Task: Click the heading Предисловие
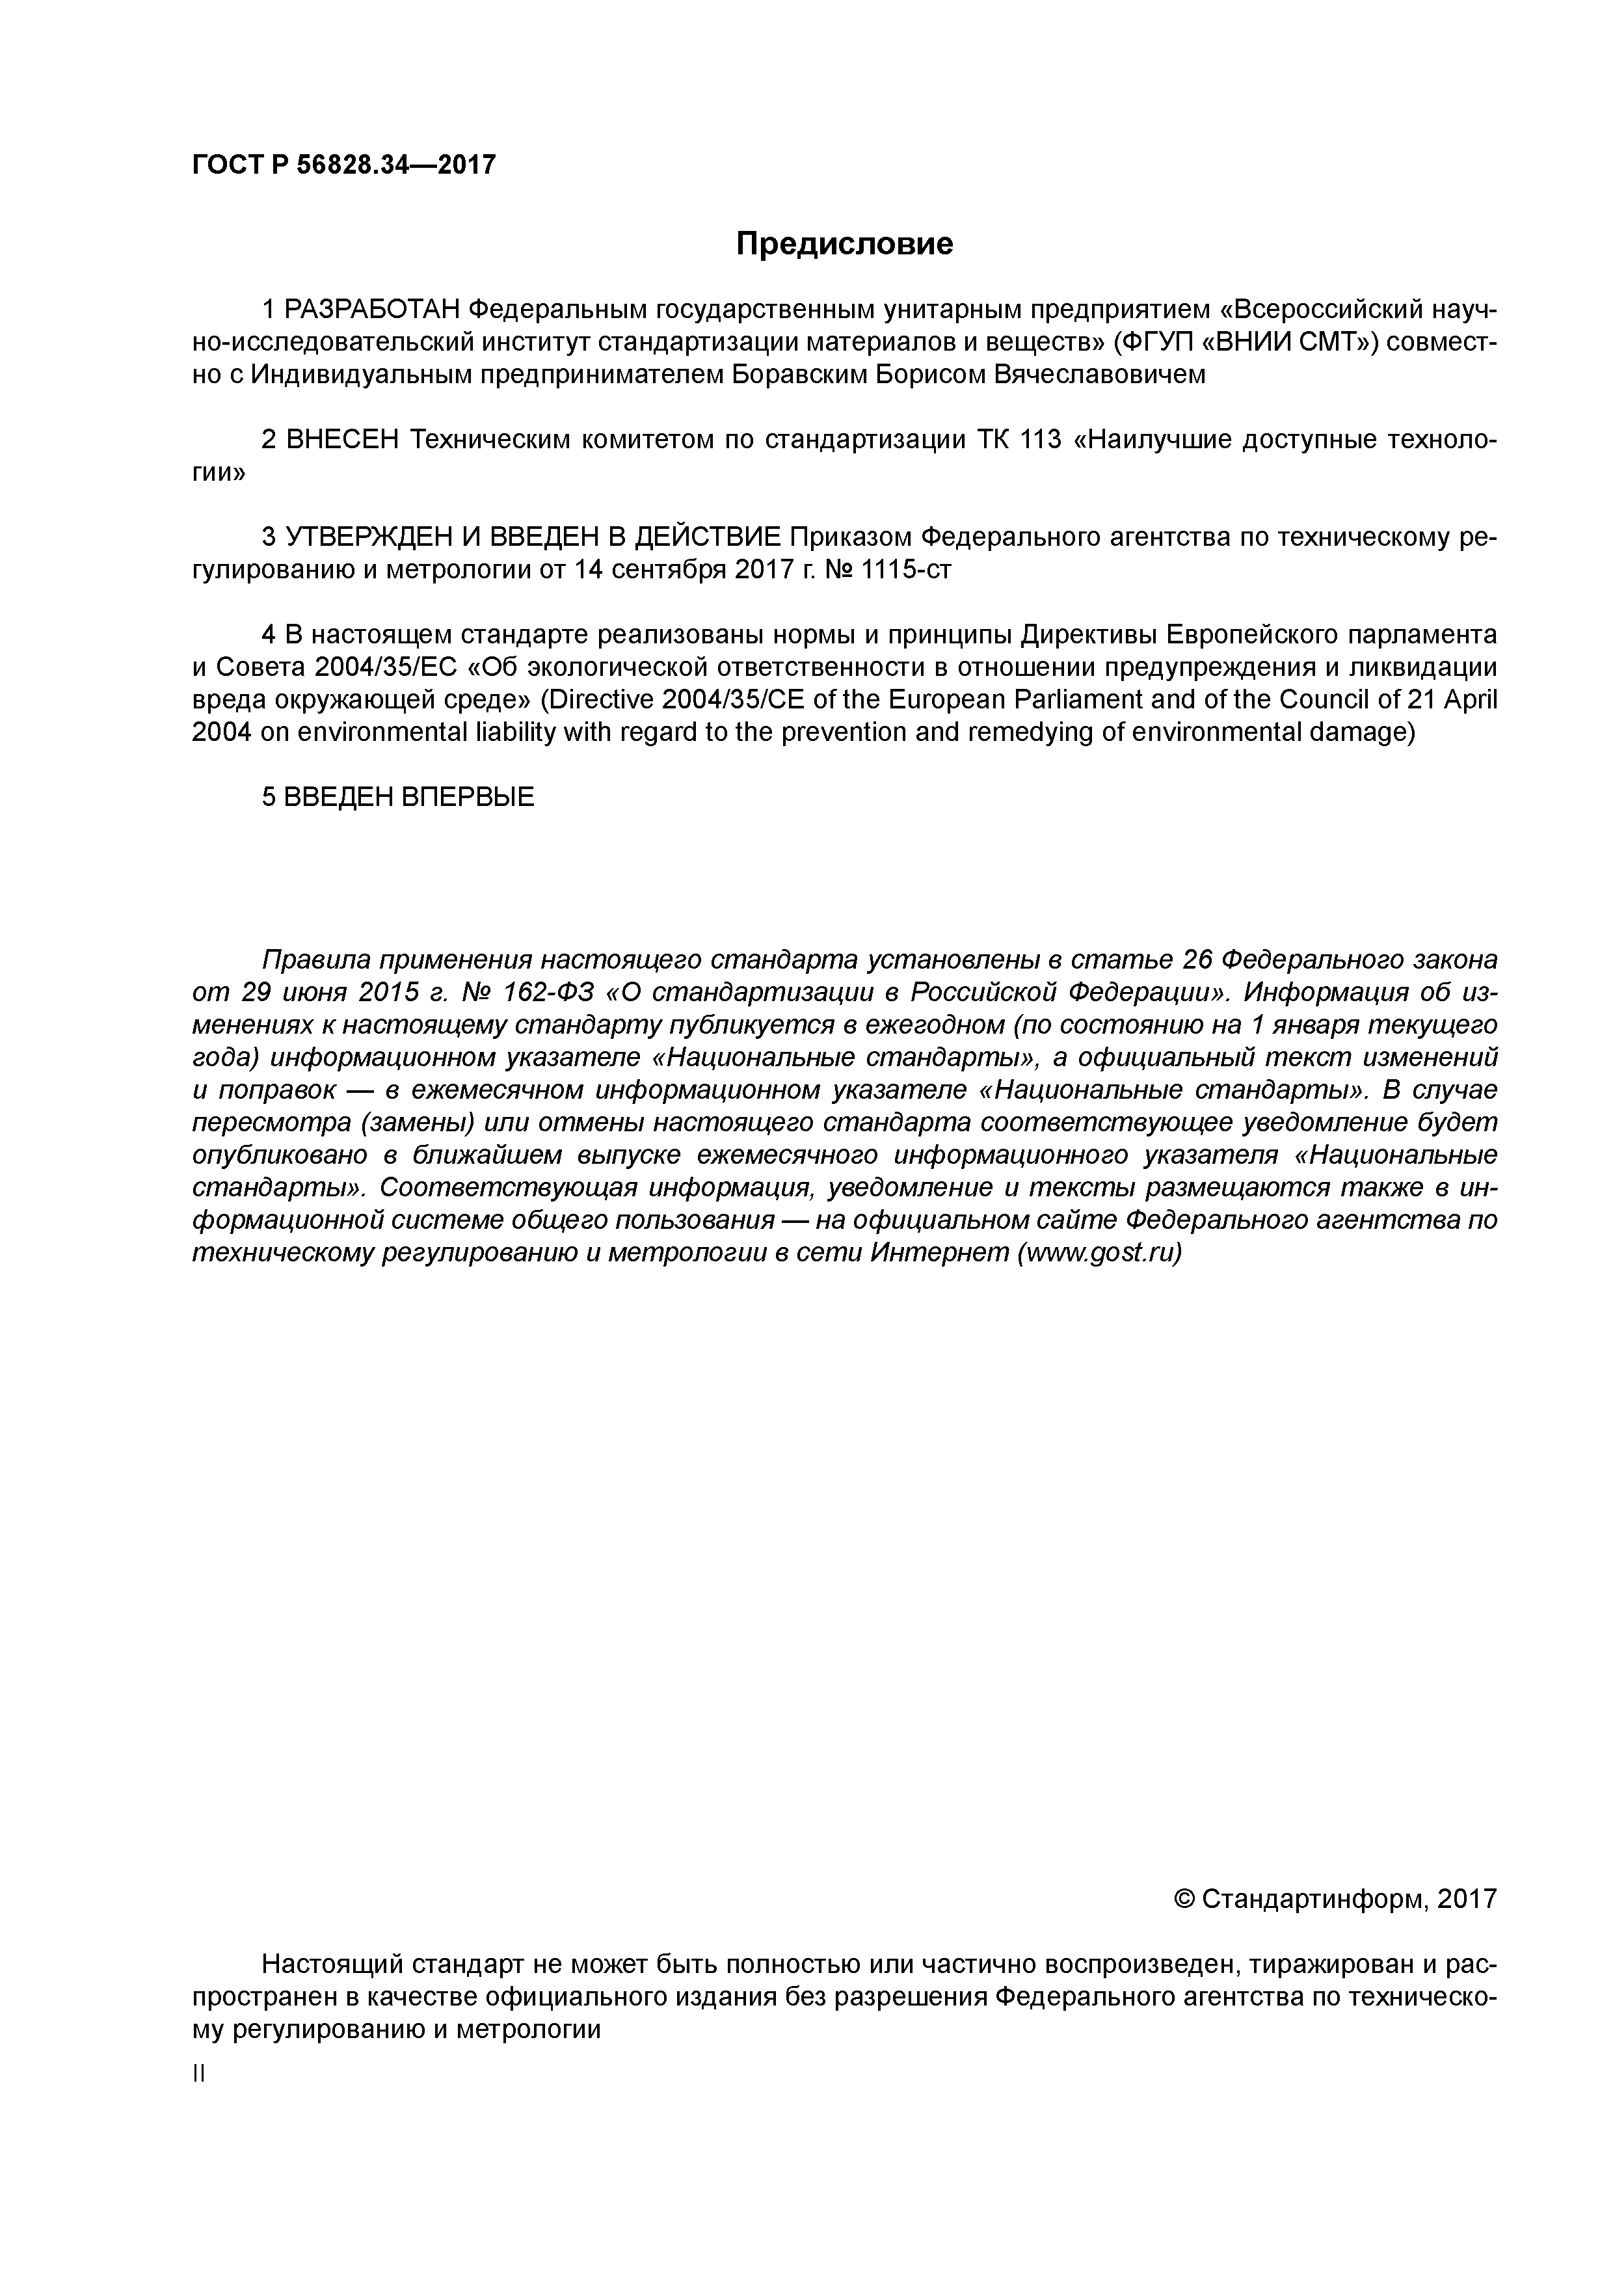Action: (x=844, y=243)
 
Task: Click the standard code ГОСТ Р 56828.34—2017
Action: (x=343, y=165)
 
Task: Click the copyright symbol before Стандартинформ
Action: (x=1184, y=1899)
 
